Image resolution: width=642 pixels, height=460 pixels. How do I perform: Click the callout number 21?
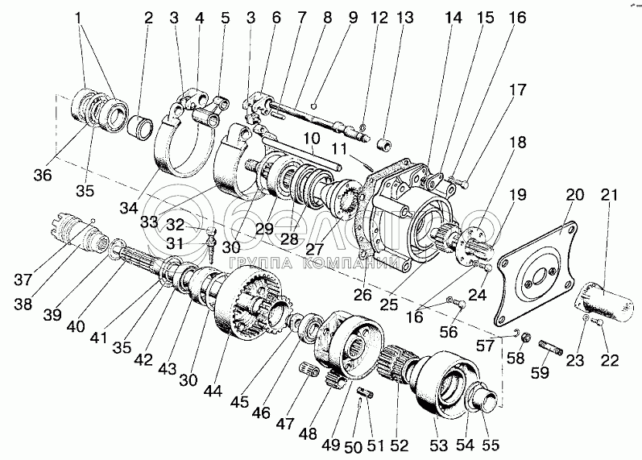[610, 195]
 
